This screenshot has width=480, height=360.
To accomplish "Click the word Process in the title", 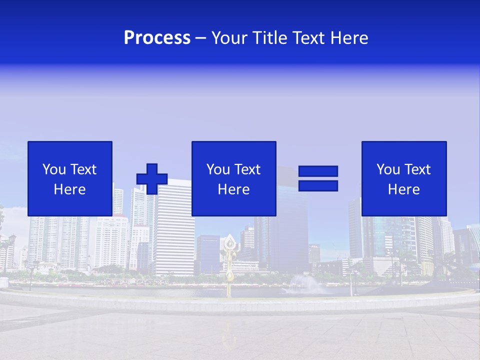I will [x=157, y=38].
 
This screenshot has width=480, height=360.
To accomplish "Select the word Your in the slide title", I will [x=229, y=38].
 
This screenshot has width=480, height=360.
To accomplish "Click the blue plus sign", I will [x=152, y=178].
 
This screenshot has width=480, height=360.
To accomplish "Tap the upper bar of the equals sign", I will [x=318, y=171].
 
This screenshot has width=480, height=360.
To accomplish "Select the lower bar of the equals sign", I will [x=318, y=185].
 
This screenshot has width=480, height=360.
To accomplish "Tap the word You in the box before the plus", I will [x=54, y=169].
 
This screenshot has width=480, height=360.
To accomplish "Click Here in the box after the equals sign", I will [x=404, y=189].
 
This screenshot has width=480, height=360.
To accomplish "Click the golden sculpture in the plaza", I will [x=229, y=265].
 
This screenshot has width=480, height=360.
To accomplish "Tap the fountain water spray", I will [x=306, y=284].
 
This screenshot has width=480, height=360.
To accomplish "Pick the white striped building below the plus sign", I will [x=173, y=235].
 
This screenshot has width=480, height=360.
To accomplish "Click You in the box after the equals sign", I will [x=388, y=169].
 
